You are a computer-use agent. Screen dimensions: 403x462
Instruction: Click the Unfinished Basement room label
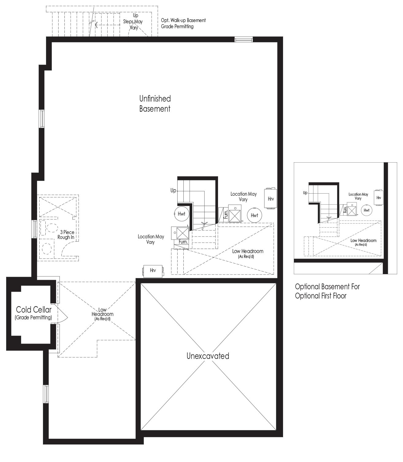[x=155, y=104]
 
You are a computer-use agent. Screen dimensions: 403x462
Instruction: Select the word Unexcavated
[x=208, y=356]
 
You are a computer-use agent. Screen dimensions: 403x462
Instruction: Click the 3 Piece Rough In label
[x=66, y=235]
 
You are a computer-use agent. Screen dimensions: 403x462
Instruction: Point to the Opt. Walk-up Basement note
[x=183, y=23]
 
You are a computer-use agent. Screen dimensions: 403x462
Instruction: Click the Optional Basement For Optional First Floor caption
[x=327, y=291]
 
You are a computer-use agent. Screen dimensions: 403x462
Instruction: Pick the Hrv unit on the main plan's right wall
[x=271, y=198]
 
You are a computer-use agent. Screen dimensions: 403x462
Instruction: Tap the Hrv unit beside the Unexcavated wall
[x=153, y=270]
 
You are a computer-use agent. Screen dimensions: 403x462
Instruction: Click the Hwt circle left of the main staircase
[x=181, y=214]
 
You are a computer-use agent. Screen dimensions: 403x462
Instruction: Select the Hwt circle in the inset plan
[x=367, y=210]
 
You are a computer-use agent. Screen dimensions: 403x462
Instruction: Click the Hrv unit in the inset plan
[x=378, y=198]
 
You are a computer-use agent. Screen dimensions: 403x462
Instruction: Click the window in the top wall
[x=244, y=40]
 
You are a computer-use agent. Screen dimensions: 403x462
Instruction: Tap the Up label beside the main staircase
[x=173, y=191]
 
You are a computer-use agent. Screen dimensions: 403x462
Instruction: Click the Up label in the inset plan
[x=305, y=193]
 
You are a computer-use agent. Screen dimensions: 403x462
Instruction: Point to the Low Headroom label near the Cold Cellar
[x=102, y=314]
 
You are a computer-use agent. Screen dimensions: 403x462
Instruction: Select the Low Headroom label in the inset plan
[x=363, y=242]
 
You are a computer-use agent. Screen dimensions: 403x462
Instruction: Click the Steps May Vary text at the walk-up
[x=133, y=24]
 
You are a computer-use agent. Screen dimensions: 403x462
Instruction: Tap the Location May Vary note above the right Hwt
[x=244, y=196]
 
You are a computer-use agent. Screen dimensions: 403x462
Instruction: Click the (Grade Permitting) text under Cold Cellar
[x=33, y=318]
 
